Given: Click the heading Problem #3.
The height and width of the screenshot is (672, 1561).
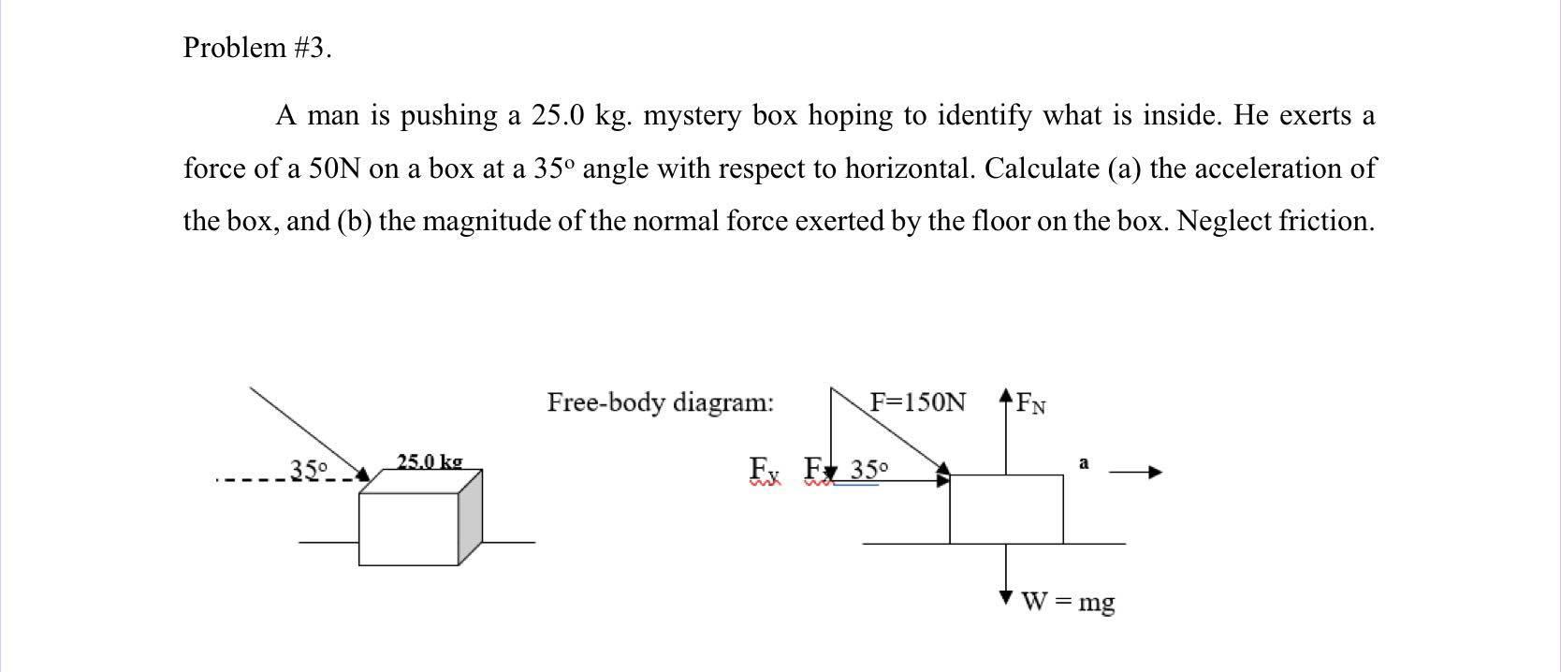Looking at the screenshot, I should click(257, 48).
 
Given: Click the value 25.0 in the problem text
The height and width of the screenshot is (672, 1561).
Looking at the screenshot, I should click(558, 116).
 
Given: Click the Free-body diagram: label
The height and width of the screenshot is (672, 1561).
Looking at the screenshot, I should click(661, 402).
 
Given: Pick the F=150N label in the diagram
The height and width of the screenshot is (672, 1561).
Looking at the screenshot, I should click(917, 402).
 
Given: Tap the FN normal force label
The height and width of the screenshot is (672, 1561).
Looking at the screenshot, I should click(1031, 404).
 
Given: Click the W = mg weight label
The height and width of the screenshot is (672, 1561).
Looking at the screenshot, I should click(1068, 601).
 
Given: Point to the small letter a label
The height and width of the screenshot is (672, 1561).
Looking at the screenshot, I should click(1084, 463).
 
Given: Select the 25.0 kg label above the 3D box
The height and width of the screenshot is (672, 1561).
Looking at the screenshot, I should click(429, 461).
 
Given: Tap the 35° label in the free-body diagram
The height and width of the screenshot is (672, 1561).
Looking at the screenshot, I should click(868, 469).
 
